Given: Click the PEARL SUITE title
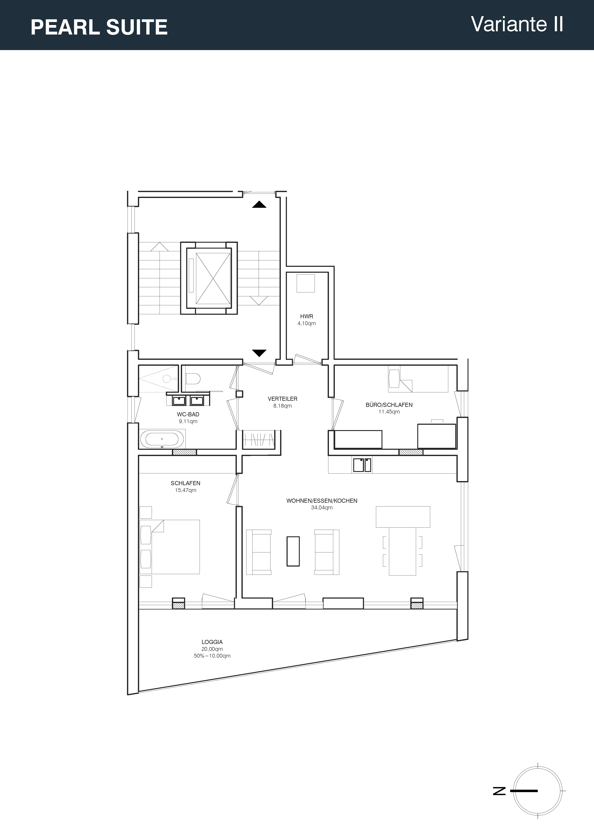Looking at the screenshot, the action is pyautogui.click(x=99, y=27).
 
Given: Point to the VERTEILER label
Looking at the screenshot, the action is pyautogui.click(x=283, y=399).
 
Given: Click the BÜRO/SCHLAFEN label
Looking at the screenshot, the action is pyautogui.click(x=389, y=405).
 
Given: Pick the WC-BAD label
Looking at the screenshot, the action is pyautogui.click(x=188, y=415).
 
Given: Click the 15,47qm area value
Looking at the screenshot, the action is pyautogui.click(x=185, y=490).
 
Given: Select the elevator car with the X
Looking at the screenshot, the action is pyautogui.click(x=213, y=278).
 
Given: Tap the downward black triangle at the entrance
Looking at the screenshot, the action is pyautogui.click(x=259, y=353).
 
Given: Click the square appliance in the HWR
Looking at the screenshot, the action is pyautogui.click(x=306, y=283).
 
